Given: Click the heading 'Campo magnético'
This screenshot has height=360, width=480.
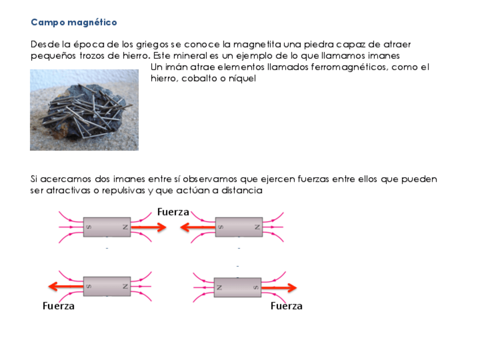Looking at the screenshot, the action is tap(74, 23).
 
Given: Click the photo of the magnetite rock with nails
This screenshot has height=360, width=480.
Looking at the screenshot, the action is tap(84, 110).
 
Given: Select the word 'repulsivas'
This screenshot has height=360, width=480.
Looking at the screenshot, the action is tap(122, 191).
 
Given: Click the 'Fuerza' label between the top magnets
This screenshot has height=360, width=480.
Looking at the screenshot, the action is tap(173, 212).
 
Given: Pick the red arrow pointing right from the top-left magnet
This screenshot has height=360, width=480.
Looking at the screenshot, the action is tap(148, 228).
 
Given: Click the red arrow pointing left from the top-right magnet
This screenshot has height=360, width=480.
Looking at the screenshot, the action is tap(198, 228).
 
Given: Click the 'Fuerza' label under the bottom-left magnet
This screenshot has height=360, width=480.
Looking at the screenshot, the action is tap(59, 306).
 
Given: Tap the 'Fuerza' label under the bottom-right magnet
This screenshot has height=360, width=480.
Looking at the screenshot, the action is tap(286, 306).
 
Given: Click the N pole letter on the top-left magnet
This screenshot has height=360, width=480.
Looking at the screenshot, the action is tap(125, 228).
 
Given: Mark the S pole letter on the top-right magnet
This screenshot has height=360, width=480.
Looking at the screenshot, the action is tap(221, 228).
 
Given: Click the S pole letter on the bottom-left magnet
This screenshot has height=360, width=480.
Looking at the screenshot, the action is tap(88, 286).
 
